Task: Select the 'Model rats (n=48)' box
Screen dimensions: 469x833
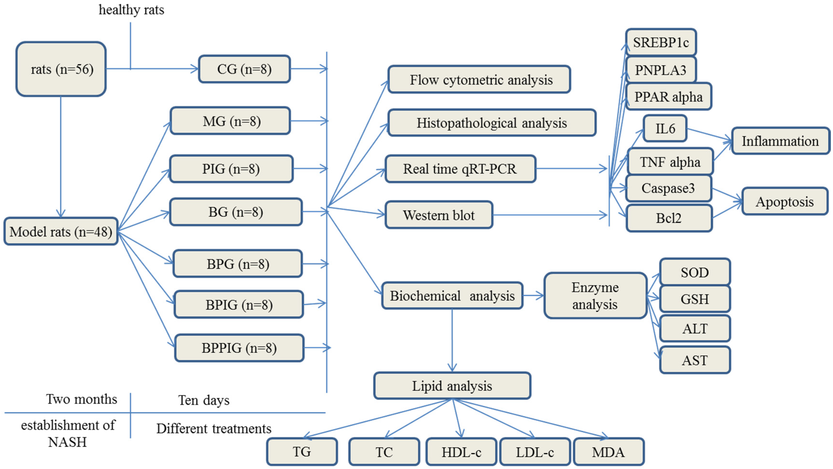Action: (61, 232)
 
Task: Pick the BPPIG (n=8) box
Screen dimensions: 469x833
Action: (239, 348)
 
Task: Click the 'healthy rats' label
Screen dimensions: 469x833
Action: (131, 10)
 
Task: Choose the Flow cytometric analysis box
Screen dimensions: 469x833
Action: (479, 80)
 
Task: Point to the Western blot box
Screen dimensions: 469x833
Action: (439, 215)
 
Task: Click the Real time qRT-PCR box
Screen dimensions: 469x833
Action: (460, 169)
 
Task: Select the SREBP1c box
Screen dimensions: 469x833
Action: (661, 42)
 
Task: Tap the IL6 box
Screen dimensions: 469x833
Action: (665, 129)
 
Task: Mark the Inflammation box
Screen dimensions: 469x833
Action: (780, 141)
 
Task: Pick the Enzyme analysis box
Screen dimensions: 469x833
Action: (595, 296)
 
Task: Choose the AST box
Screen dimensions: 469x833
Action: (694, 360)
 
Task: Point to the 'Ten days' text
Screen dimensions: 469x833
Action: (204, 400)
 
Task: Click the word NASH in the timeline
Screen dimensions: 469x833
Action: (67, 442)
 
